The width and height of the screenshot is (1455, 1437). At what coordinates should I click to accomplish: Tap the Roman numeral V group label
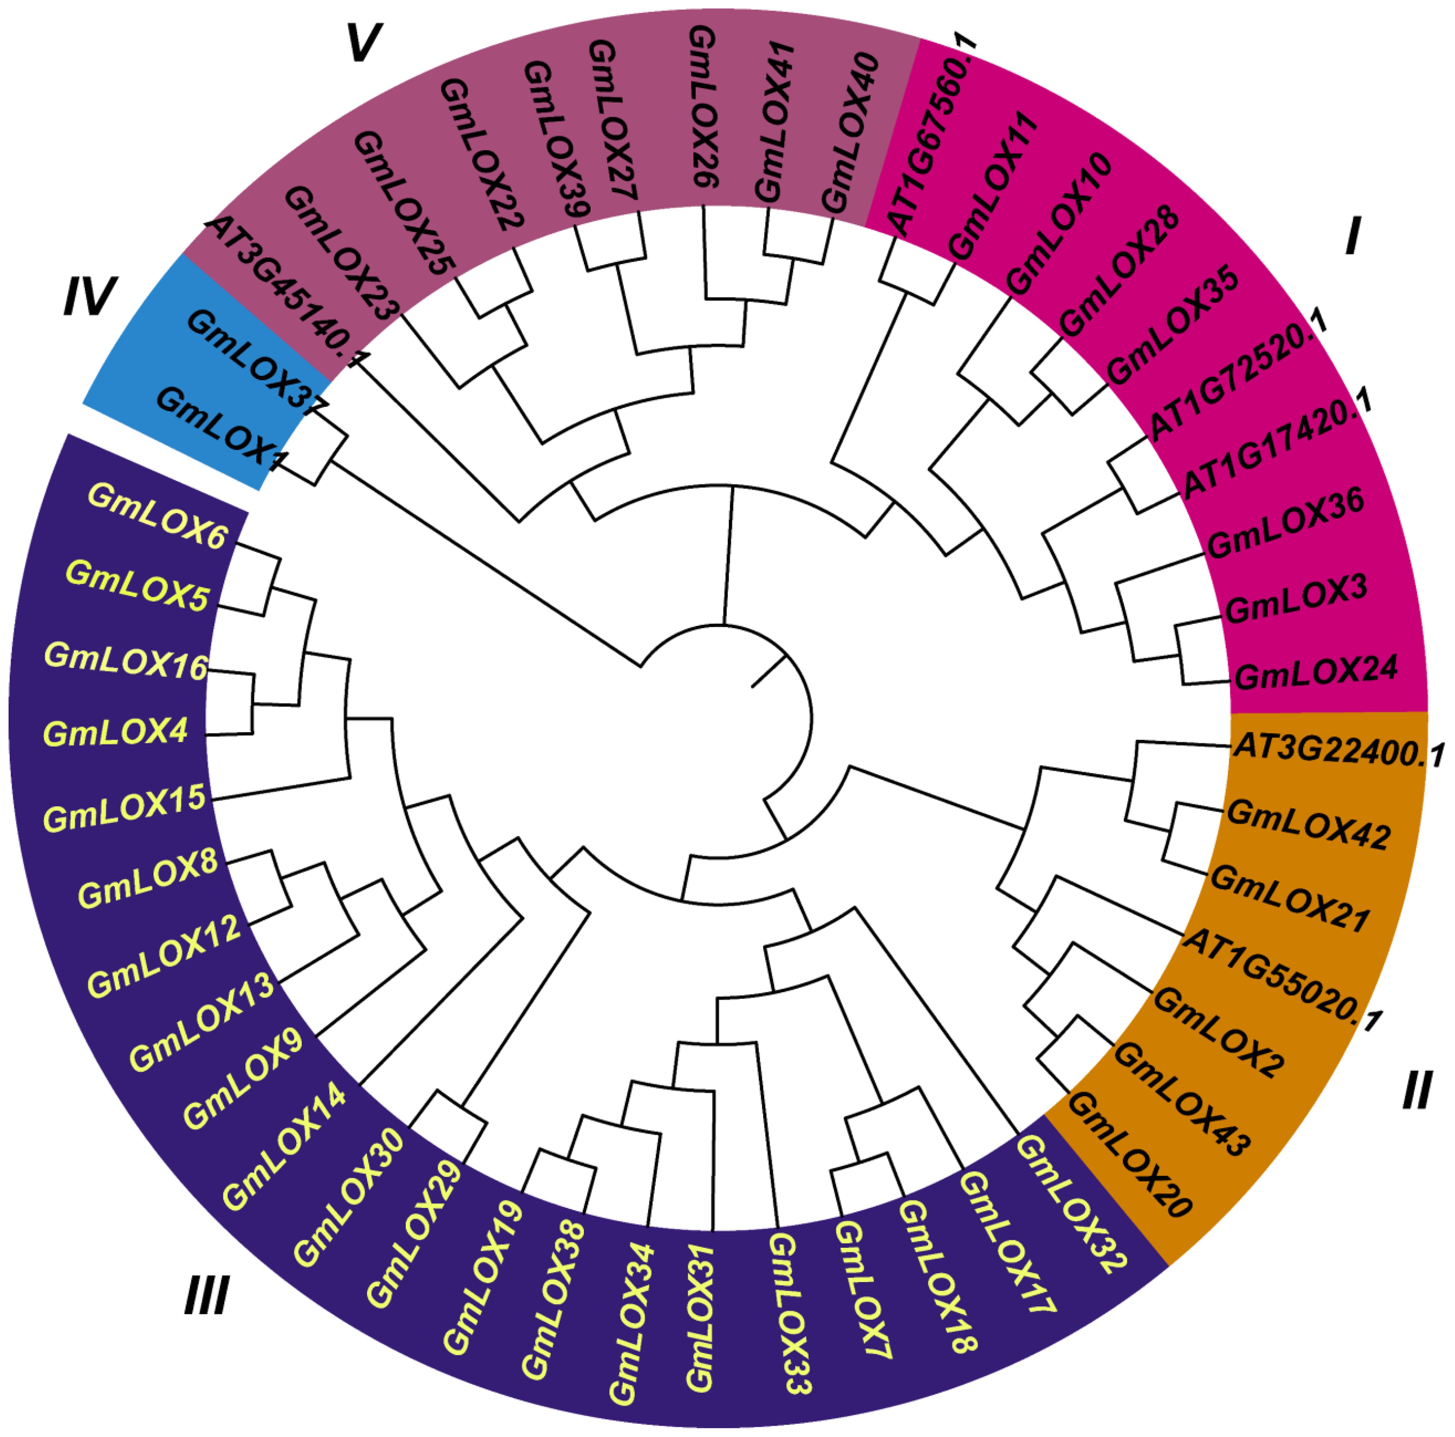pyautogui.click(x=364, y=44)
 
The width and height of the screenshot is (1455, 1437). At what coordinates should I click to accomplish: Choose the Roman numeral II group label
pyautogui.click(x=1416, y=1090)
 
